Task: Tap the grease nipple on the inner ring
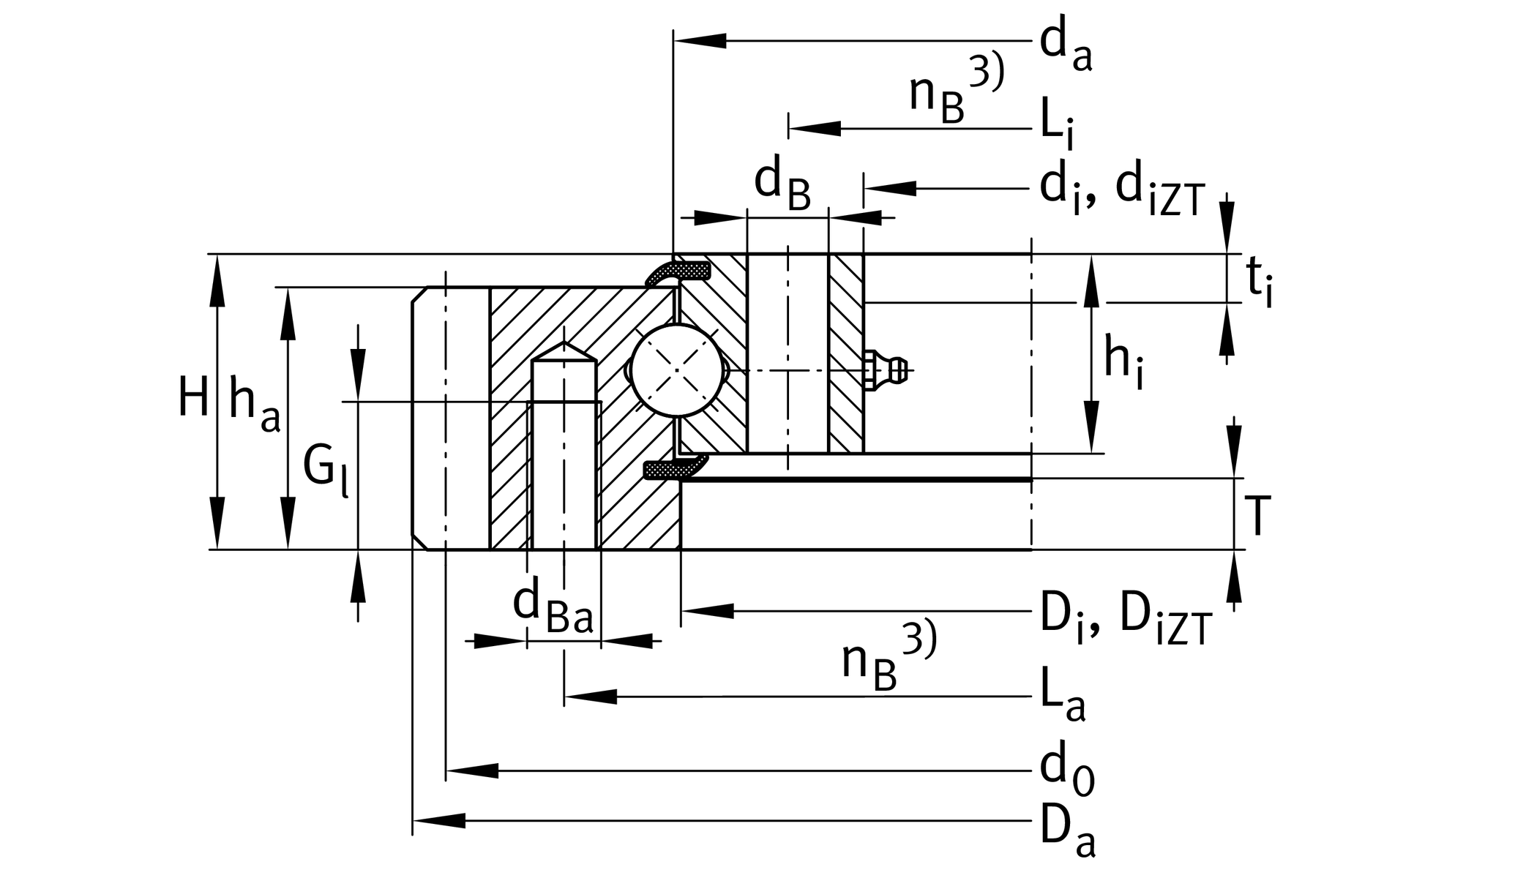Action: (887, 370)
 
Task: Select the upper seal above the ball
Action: (678, 271)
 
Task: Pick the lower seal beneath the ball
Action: (675, 468)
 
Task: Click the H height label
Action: (194, 399)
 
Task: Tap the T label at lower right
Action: (1257, 516)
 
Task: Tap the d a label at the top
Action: (1066, 45)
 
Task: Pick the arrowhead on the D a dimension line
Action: (439, 820)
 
